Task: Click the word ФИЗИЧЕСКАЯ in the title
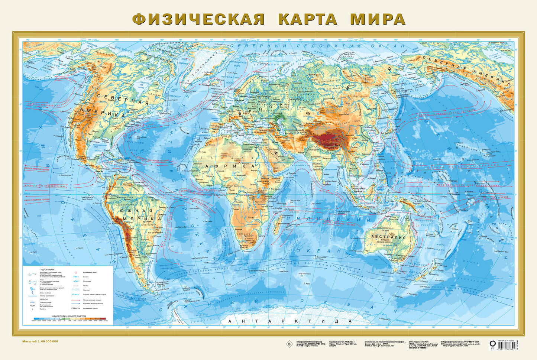coord(198,19)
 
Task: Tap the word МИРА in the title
coord(378,19)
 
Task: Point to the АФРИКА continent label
coord(228,166)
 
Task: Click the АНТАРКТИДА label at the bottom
coord(290,321)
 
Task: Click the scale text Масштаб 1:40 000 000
coord(40,341)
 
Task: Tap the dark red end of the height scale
coord(103,319)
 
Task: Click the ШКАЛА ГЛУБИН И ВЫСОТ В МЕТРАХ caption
coord(69,316)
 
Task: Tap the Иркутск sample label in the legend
coord(76,308)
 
